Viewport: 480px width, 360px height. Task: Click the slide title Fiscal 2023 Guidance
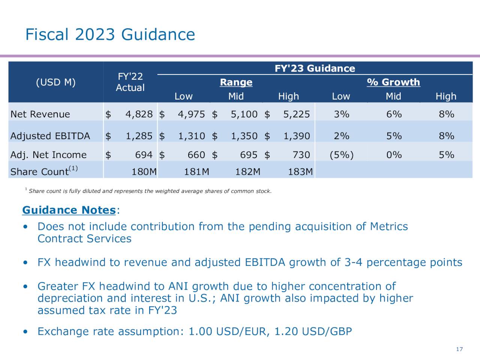point(110,34)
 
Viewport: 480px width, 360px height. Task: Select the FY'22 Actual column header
point(130,82)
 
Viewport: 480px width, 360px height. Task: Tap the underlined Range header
point(236,82)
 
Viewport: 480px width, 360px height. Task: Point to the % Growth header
point(393,82)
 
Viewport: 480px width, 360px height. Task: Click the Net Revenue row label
point(40,114)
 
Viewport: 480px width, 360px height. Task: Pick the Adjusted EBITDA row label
point(50,136)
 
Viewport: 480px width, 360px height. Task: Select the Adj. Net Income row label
point(48,155)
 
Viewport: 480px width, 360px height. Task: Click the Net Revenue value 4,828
point(139,114)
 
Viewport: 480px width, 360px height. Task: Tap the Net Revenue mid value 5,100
point(244,114)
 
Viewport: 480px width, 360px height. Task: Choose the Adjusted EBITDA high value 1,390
point(296,136)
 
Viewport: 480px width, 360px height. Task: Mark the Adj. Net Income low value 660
point(196,155)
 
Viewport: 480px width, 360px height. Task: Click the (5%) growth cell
point(341,155)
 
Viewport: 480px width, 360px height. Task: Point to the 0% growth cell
point(394,155)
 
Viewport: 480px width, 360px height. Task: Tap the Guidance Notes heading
point(69,210)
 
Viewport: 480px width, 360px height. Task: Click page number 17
point(459,349)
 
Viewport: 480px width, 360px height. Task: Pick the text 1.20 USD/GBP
point(313,331)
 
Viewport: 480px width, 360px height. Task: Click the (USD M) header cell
point(55,82)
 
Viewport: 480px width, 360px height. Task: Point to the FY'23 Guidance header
point(315,68)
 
